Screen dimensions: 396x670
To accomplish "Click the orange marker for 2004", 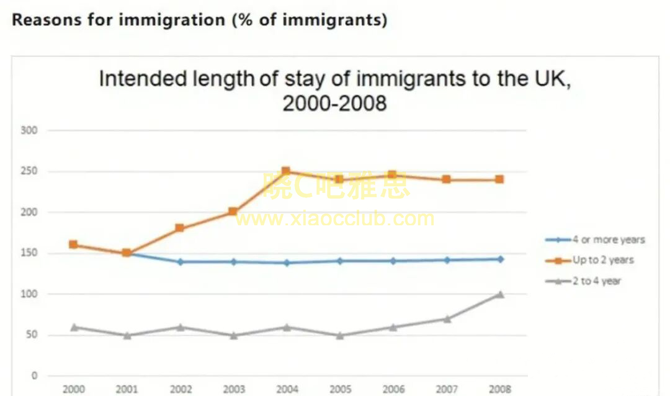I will [286, 171].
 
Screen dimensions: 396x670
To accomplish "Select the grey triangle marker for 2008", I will [499, 294].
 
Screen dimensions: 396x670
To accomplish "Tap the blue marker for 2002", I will [180, 262].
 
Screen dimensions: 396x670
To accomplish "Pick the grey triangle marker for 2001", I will [127, 335].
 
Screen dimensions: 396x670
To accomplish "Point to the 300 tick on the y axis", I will [30, 131].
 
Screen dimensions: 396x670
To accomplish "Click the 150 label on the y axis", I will [30, 253].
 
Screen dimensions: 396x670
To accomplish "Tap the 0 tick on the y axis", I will [35, 376].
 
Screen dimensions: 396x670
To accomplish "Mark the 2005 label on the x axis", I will [339, 389].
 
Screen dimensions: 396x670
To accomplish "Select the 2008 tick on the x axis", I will [499, 389].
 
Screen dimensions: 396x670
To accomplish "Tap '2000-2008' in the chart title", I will [334, 103].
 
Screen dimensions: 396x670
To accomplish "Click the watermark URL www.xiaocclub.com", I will [335, 218].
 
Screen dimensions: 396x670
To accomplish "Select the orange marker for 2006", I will [392, 176].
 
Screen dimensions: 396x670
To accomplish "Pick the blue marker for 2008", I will [499, 259].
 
